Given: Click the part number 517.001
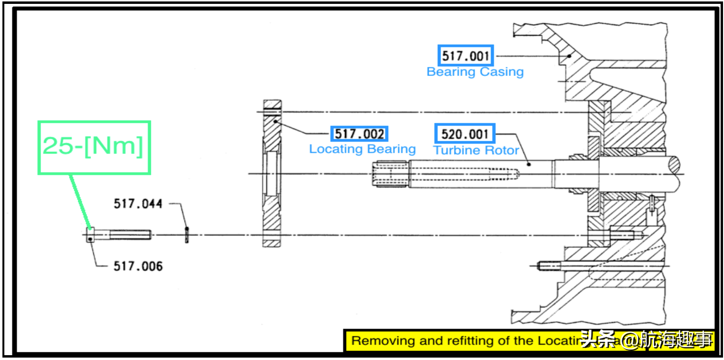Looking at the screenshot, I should pos(465,56).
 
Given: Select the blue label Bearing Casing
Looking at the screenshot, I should pos(475,72).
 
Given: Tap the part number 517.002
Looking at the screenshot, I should pos(360,134).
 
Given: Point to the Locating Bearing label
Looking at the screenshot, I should pos(362,149).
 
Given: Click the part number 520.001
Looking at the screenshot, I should pos(465,133).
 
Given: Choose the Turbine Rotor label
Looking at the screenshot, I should pos(476,150).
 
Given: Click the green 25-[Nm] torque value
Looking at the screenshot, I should pos(94,146).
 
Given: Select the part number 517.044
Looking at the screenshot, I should pos(138,203).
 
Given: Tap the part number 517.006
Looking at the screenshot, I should pos(138,266).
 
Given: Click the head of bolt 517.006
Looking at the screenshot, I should pos(90,235).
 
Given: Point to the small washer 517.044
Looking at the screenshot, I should pos(187,235).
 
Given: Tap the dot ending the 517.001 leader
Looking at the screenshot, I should pos(570,56).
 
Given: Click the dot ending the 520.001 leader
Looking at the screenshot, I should pos(529,164).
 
